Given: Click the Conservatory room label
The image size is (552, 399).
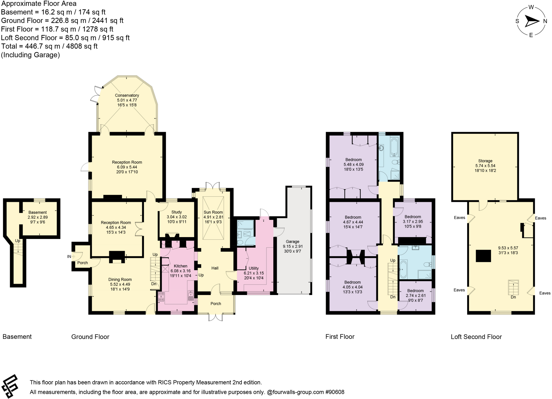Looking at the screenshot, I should [127, 95].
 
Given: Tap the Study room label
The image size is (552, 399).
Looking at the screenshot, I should [177, 212].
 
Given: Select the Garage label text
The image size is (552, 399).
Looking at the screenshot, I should [292, 242].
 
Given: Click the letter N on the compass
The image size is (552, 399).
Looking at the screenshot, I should [545, 22].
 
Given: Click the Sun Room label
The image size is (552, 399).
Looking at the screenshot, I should [213, 212].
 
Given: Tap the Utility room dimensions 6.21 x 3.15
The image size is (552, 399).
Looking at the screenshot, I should [254, 273].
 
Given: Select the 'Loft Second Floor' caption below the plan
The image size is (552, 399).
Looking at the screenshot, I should [476, 337].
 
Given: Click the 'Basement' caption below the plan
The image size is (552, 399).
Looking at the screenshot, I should [17, 337].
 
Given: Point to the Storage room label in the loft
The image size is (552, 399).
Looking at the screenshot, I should [485, 161].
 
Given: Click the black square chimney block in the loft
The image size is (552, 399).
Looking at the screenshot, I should [483, 256].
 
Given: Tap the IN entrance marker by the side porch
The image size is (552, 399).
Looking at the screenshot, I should [69, 257].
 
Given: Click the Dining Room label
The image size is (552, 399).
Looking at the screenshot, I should [120, 280].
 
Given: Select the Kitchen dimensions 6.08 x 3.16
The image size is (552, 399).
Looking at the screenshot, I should [180, 271].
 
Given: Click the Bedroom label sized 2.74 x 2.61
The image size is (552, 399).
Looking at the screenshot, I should [415, 291].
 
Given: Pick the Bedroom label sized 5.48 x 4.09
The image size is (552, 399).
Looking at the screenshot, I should [353, 160].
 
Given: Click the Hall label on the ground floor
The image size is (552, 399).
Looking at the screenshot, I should [215, 268].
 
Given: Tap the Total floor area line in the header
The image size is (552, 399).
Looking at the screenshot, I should [49, 46].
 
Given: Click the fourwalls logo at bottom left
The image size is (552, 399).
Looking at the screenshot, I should [10, 386].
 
